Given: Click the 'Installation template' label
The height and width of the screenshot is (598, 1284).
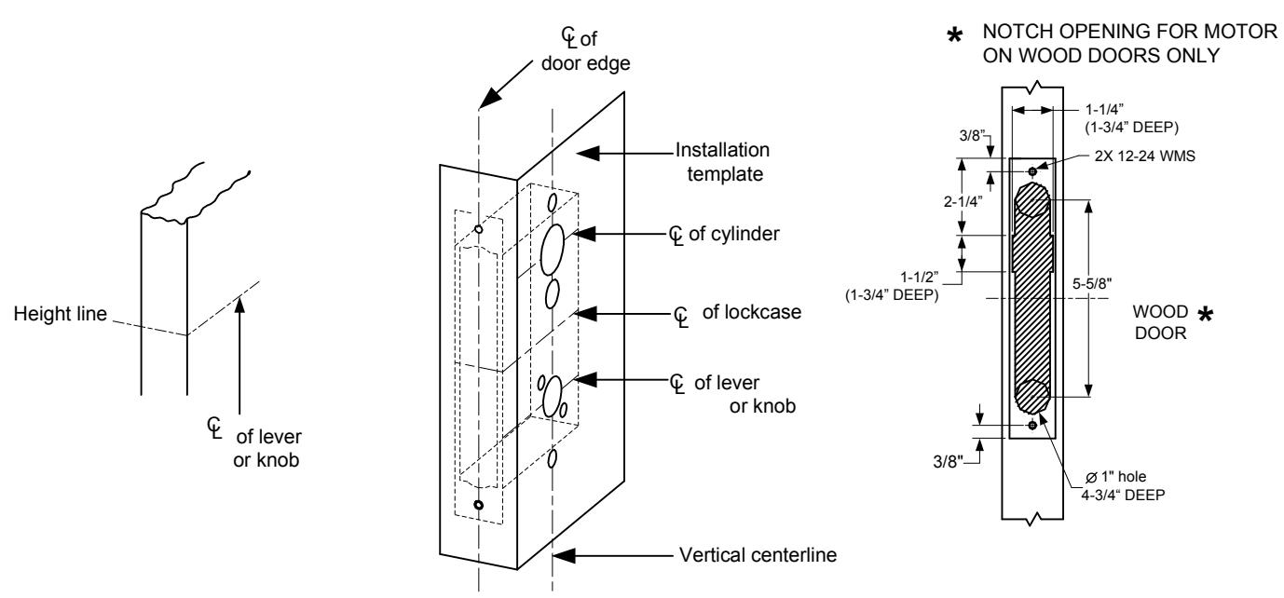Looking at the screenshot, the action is tap(722, 161).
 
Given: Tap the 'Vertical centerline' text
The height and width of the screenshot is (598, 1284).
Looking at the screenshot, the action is tap(758, 554).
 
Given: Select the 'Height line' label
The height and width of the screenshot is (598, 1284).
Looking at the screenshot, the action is tap(61, 313).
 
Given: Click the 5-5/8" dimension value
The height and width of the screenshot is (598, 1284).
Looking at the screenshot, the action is tap(1092, 283).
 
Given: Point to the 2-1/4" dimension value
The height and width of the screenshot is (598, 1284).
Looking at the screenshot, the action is tap(963, 201).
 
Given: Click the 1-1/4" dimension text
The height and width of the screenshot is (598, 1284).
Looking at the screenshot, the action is tap(1104, 109).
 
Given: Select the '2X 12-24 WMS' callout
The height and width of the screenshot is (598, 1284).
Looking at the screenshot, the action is tap(1145, 156).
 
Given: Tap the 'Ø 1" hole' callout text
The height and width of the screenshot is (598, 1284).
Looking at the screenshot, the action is tap(1115, 477).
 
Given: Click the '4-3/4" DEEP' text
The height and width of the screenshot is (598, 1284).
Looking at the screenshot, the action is tap(1123, 495).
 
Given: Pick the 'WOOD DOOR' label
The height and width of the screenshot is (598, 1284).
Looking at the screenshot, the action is tap(1160, 322).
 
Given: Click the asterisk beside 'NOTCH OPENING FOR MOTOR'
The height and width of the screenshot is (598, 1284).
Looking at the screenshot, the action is tap(954, 36).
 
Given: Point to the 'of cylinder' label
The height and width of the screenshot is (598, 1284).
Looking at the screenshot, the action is tap(733, 234).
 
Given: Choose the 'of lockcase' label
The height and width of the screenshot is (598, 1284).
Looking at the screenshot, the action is tap(751, 312).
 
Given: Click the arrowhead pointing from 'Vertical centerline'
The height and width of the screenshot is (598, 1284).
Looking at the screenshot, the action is tap(564, 555).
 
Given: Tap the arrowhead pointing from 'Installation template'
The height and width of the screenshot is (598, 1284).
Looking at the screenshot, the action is tap(588, 154).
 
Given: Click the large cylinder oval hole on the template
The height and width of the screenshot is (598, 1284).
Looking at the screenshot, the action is tap(553, 250).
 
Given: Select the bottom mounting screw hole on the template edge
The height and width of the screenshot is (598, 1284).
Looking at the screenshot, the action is tap(478, 505).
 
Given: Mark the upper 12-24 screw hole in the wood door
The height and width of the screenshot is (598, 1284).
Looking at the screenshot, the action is tap(1032, 171).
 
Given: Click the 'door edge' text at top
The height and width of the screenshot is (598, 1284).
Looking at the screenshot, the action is tap(585, 63).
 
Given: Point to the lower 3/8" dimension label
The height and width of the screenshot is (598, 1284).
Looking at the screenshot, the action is tap(948, 461).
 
